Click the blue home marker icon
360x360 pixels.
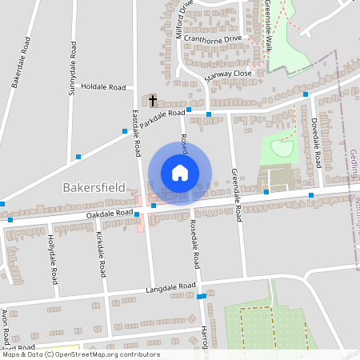(x=180, y=172)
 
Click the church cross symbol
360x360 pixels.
(x=153, y=101)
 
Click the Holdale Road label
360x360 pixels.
(x=104, y=86)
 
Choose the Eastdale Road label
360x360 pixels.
(x=135, y=133)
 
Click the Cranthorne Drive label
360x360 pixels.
(x=212, y=38)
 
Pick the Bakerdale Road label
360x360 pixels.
(x=21, y=62)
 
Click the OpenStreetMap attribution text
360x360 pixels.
(x=80, y=354)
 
